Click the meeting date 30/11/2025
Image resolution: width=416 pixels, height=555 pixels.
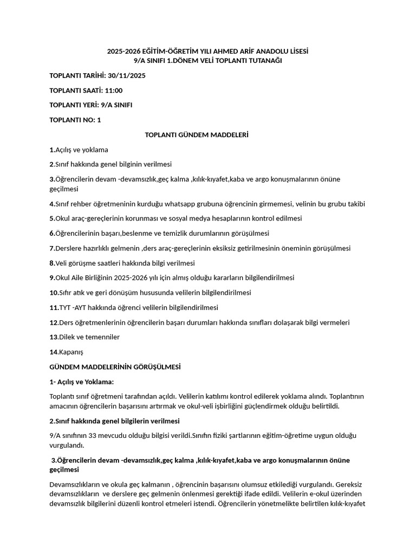[127, 75]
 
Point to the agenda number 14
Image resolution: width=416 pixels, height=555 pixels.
[53, 352]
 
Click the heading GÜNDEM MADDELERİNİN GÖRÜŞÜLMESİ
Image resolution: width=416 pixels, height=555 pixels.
[115, 367]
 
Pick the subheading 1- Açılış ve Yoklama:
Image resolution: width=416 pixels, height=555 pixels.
[81, 382]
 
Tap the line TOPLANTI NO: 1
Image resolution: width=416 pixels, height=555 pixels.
[75, 120]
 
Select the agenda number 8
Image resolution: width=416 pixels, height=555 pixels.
[51, 263]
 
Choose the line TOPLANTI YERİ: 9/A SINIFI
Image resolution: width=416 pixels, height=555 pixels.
[90, 105]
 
